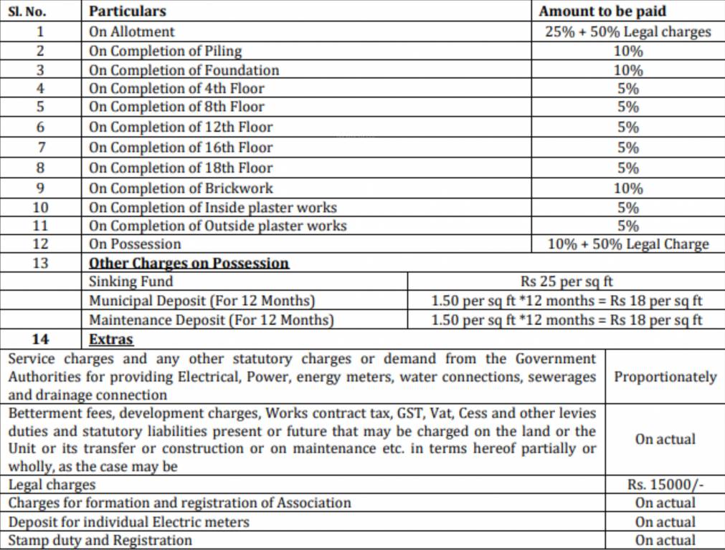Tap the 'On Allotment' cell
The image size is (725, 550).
click(132, 32)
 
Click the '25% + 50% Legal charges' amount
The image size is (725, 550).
click(627, 32)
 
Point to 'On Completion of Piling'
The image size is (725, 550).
click(165, 51)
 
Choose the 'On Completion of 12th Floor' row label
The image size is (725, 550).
click(181, 127)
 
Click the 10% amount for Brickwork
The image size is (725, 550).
click(628, 188)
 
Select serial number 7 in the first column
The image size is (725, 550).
click(41, 148)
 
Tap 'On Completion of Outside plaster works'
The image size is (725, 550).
click(217, 226)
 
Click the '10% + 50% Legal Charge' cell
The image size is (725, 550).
click(627, 244)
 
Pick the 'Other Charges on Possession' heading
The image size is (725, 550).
click(189, 263)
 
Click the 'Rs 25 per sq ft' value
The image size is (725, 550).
click(567, 281)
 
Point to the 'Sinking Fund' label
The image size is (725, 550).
click(131, 281)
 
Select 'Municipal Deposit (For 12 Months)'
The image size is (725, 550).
click(202, 301)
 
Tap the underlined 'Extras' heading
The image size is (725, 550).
click(111, 339)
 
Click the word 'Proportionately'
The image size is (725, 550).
click(665, 377)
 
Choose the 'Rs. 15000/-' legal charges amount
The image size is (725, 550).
click(665, 485)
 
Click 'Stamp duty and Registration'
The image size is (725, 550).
click(100, 541)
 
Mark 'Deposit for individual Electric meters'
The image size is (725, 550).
click(129, 522)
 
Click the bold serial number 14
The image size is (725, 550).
click(41, 339)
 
